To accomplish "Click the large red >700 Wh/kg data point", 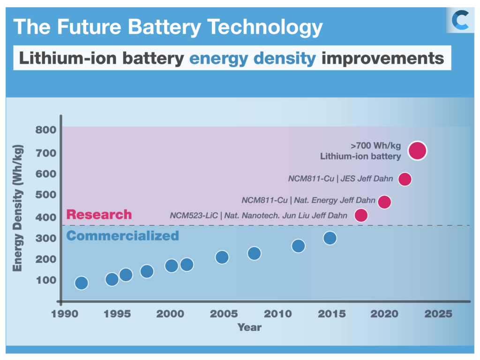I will pyautogui.click(x=417, y=150).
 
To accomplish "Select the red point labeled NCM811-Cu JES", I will pyautogui.click(x=405, y=179).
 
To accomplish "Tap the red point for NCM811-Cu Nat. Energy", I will pyautogui.click(x=384, y=202).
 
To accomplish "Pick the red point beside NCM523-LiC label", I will pyautogui.click(x=361, y=216).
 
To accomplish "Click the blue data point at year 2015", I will pyautogui.click(x=330, y=238).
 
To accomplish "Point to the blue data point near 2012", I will pyautogui.click(x=298, y=246).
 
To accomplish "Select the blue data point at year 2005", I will pyautogui.click(x=222, y=257).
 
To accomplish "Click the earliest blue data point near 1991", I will pyautogui.click(x=82, y=283).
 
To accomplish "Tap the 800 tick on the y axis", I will pyautogui.click(x=46, y=130).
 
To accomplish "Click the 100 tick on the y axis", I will pyautogui.click(x=46, y=280).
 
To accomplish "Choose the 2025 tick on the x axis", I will pyautogui.click(x=438, y=314).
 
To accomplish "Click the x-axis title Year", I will pyautogui.click(x=249, y=327).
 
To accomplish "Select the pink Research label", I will pyautogui.click(x=99, y=215).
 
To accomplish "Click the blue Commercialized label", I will pyautogui.click(x=123, y=235).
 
